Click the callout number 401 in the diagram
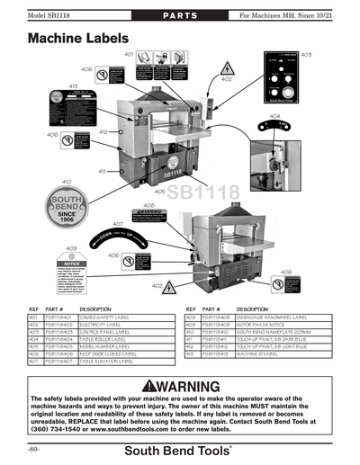tap(129, 56)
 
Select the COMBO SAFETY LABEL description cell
tap(115, 317)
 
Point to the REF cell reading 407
tap(34, 361)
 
